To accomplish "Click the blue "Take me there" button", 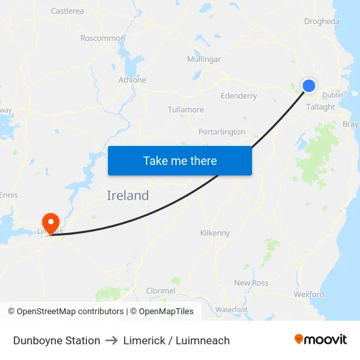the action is coord(180,160).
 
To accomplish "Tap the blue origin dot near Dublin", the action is coord(309,85).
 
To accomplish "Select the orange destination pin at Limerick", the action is coord(50,223).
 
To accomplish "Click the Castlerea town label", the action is coord(67,10).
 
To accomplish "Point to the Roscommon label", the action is coord(102,38).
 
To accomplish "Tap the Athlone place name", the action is coord(132,80).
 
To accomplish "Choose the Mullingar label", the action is coord(204,59).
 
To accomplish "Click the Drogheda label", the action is coord(321,21).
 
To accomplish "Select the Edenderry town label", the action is coord(239,96).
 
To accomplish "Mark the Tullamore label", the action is coord(185,109).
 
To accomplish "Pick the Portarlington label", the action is coord(222,132).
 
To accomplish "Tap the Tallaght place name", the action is coord(321,107).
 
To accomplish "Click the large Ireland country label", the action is coord(128,195).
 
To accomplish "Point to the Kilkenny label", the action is coord(215,232).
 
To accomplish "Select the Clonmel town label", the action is coord(160,290).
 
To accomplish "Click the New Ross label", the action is coord(251,283).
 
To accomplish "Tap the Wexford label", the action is coord(309,295).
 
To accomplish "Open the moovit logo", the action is coord(320,340).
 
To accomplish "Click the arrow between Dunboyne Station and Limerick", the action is coord(112,340).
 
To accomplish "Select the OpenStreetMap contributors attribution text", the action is coord(70,312).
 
